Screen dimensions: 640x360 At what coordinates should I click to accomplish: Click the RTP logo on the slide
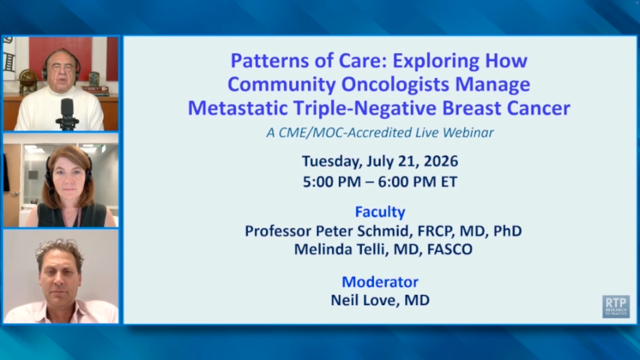(616, 307)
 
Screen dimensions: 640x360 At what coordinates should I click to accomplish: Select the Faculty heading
(380, 212)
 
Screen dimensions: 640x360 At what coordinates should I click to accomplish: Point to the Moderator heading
(380, 282)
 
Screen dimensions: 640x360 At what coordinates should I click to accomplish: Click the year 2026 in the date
(441, 161)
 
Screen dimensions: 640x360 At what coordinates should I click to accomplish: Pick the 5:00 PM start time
(332, 182)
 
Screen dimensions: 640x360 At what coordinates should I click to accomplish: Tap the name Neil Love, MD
(380, 300)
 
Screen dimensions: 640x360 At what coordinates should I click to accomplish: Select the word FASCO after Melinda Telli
(450, 249)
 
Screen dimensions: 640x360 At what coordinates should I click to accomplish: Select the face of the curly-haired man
(59, 278)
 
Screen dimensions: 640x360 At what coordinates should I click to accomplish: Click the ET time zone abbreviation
(449, 182)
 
